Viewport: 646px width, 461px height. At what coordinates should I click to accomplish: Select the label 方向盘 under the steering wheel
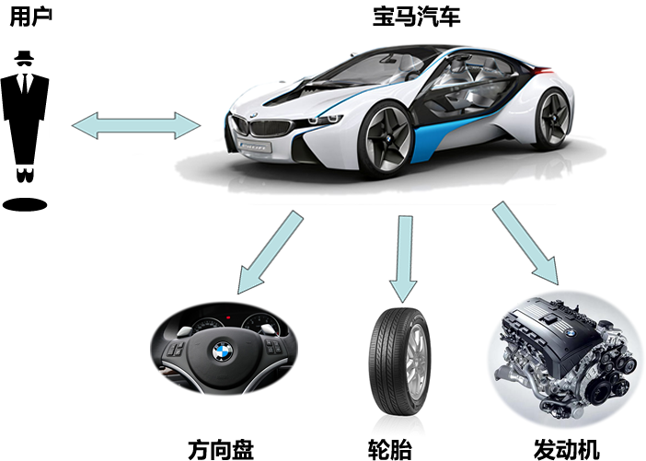pos(221,449)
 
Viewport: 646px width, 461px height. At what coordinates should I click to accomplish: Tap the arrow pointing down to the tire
pos(402,257)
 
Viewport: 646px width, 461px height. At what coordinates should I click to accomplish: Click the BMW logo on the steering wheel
pos(222,352)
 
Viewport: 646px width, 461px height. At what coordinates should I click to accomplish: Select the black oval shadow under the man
pos(25,202)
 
